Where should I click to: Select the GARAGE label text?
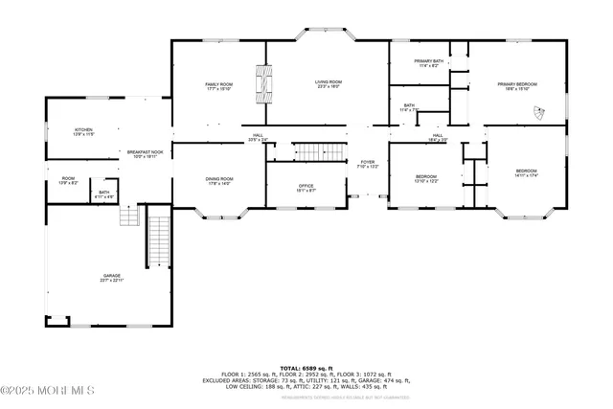(x=112, y=278)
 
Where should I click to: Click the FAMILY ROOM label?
(x=219, y=87)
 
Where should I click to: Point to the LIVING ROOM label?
(x=329, y=84)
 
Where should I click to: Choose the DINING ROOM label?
(x=219, y=181)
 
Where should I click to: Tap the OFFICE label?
(x=306, y=188)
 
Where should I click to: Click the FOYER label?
(x=368, y=164)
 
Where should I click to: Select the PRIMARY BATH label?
(x=428, y=63)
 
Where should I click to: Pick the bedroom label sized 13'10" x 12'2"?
(x=426, y=178)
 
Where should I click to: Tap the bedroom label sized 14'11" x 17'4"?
(x=528, y=174)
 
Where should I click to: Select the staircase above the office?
(x=317, y=150)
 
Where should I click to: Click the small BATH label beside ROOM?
(x=104, y=194)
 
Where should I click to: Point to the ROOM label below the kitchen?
(x=68, y=180)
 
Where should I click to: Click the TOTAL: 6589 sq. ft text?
(x=306, y=368)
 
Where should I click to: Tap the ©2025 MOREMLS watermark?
(x=48, y=390)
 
